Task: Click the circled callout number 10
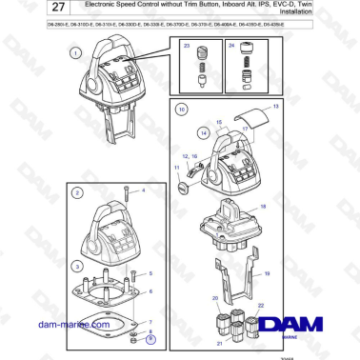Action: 181,110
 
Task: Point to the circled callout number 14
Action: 203,133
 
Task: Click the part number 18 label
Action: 264,206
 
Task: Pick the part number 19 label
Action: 269,273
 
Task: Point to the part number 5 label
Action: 150,272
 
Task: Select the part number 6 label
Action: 150,290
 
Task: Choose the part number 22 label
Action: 259,304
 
